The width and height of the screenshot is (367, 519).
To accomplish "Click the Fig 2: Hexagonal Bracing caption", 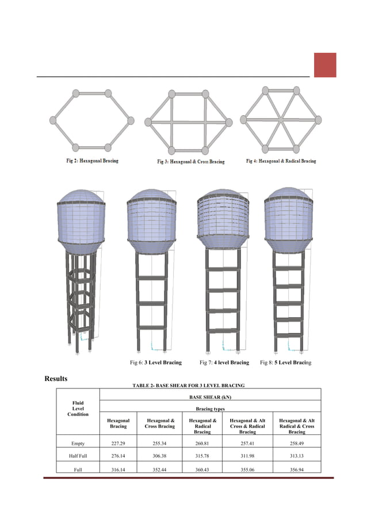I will (x=91, y=161).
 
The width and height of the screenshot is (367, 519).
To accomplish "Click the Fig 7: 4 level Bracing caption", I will (x=224, y=362).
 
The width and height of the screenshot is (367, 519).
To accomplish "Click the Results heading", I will (x=56, y=379).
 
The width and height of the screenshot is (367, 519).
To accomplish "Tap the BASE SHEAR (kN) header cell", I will (x=210, y=397).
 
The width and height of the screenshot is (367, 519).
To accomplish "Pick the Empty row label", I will (x=78, y=444).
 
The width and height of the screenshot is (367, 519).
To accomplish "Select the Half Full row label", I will (x=78, y=457).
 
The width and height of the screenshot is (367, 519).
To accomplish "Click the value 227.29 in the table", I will (x=118, y=444).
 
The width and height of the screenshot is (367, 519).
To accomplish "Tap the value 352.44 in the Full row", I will (x=159, y=470).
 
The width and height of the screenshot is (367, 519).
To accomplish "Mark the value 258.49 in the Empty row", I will (x=297, y=444).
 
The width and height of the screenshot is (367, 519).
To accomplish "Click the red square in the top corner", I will (x=325, y=65).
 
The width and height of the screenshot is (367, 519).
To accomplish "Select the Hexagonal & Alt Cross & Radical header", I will (x=247, y=426).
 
